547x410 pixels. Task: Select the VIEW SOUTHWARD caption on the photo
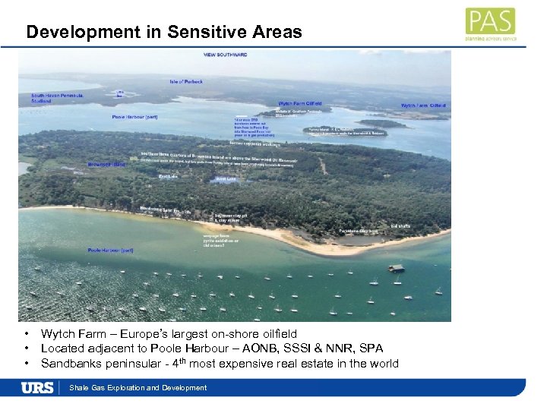pos(225,55)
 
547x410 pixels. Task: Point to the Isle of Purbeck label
pos(187,80)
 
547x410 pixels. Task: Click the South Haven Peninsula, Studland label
pos(47,98)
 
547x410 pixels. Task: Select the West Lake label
pos(226,179)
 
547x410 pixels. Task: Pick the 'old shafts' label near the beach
pos(400,225)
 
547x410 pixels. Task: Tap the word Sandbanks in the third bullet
pos(68,363)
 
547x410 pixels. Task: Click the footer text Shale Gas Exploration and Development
pos(138,388)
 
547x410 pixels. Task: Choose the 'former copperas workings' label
pos(255,143)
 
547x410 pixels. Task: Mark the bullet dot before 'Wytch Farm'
pos(27,334)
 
